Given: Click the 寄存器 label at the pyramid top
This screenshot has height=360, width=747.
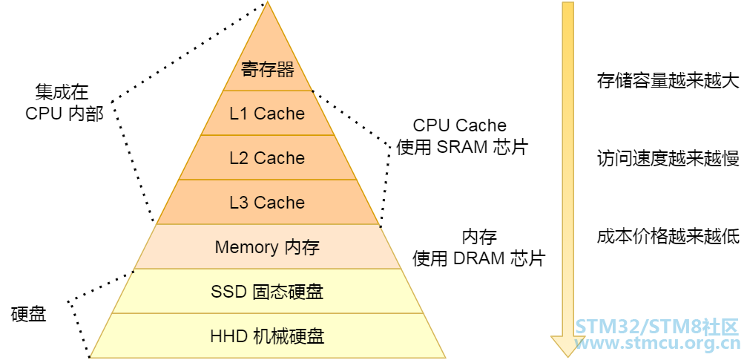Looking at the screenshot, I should (267, 70).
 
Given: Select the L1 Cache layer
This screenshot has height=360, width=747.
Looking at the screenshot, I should (267, 114).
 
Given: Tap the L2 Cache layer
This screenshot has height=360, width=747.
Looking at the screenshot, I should (267, 158).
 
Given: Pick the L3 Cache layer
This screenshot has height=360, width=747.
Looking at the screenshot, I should (267, 203).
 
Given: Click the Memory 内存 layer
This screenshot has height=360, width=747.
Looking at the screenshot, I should (267, 247).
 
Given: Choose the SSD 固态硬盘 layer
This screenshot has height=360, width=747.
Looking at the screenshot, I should (267, 292).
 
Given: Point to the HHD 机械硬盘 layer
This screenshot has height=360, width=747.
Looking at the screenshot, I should (267, 336).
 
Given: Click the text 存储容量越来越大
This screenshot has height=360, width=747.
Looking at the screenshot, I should (668, 80).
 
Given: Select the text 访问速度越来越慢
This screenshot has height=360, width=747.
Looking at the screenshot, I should (668, 158).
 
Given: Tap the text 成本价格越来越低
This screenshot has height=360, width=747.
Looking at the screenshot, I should (668, 237).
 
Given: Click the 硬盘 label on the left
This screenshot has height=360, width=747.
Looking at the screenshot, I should (29, 314).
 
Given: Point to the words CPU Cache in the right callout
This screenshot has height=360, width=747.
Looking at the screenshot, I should (459, 125).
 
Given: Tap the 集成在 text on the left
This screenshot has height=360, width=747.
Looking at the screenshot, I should (62, 92).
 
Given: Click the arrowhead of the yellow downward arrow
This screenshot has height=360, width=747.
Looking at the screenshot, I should (567, 346).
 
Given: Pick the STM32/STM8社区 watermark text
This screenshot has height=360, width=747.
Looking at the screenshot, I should (657, 327).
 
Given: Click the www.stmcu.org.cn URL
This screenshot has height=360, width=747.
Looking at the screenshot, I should (657, 343).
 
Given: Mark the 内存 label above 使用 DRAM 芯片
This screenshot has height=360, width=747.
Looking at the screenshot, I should (479, 238).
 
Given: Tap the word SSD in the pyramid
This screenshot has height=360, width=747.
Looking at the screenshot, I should (228, 292).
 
